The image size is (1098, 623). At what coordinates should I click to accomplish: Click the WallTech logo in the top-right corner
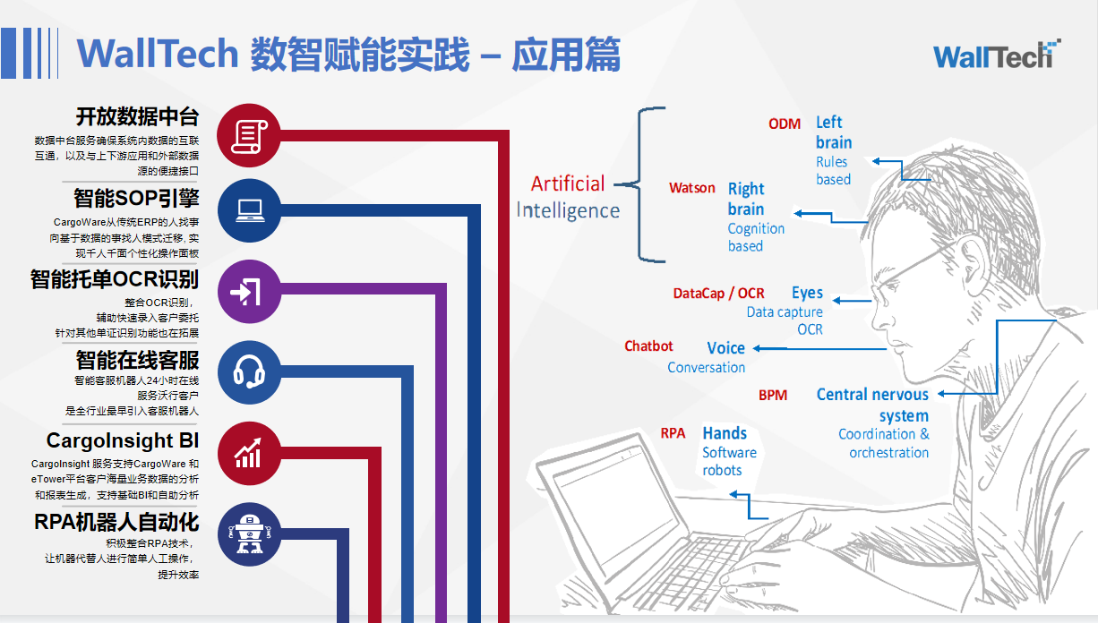[x=997, y=55]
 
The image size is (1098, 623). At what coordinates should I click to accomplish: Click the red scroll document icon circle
[x=249, y=135]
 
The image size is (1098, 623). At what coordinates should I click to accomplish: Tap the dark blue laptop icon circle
[x=250, y=210]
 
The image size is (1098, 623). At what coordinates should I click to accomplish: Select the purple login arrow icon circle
[x=250, y=292]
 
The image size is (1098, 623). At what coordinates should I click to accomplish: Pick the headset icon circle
[x=250, y=372]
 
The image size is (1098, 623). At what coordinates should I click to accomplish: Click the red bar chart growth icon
[x=250, y=454]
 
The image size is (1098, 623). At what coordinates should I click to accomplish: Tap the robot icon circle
[x=250, y=534]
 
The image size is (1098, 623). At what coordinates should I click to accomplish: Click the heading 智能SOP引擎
[x=136, y=199]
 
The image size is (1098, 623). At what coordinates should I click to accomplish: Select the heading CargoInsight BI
[x=123, y=440]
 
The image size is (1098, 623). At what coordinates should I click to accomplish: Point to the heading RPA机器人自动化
[x=116, y=522]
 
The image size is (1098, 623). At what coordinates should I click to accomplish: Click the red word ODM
[x=785, y=124]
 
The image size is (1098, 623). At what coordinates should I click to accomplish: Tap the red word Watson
[x=692, y=188]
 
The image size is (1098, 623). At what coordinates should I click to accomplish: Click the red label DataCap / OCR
[x=718, y=294]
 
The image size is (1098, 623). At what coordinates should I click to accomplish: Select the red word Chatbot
[x=648, y=346]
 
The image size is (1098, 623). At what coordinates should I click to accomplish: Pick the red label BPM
[x=773, y=396]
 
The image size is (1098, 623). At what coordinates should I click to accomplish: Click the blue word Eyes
[x=807, y=293]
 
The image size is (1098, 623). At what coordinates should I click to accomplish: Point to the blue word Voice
[x=726, y=347]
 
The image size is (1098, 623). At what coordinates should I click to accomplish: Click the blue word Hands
[x=725, y=433]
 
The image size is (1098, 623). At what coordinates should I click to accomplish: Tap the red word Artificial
[x=568, y=183]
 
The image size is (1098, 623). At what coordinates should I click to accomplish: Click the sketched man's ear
[x=973, y=274]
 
